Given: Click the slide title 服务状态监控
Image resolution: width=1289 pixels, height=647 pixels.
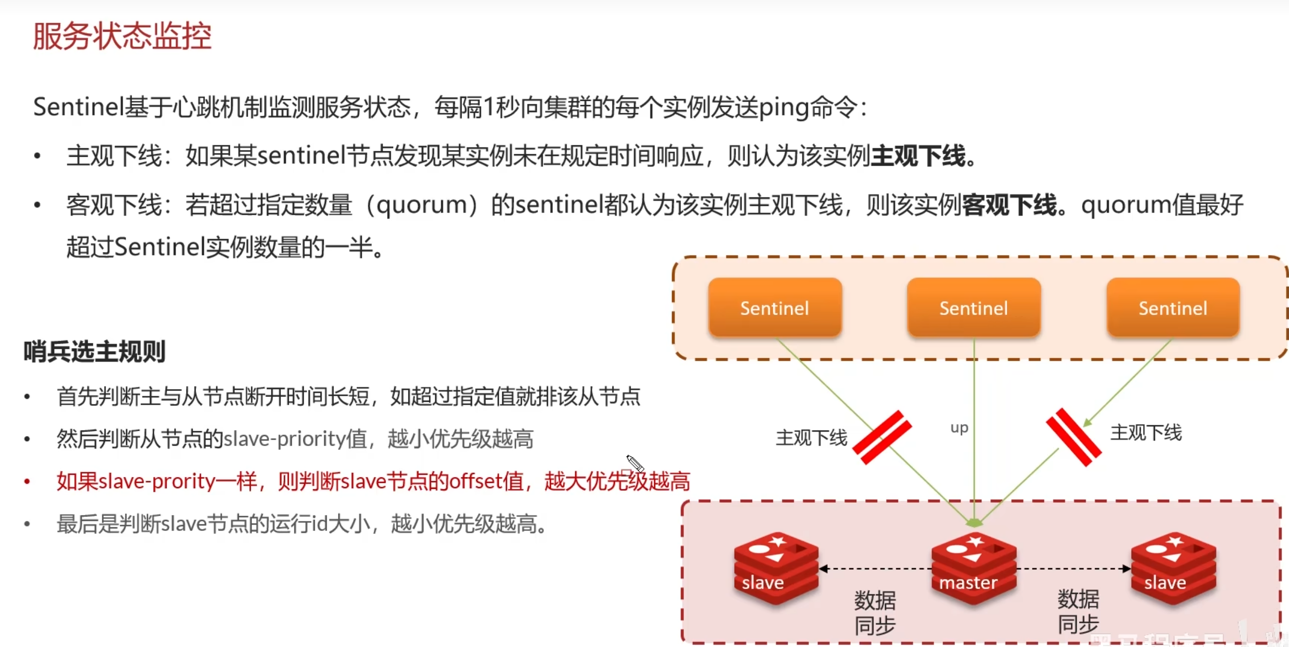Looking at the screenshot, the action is [x=122, y=37].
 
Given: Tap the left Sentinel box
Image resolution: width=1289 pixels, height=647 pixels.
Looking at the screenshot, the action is [x=775, y=308].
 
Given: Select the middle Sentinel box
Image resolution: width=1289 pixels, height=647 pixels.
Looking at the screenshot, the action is [x=973, y=308].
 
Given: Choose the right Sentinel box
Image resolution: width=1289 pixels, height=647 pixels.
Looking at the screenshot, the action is [x=1172, y=308].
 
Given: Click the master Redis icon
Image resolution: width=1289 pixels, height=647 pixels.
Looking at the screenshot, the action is [x=973, y=568].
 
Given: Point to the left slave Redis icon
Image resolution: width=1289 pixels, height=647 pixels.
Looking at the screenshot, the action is [x=776, y=568].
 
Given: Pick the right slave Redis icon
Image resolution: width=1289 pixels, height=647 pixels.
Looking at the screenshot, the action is [x=1173, y=568].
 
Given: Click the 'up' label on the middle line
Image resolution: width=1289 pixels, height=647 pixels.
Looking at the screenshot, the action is [x=959, y=428].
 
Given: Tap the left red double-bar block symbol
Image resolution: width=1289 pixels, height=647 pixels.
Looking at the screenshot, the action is [x=882, y=437].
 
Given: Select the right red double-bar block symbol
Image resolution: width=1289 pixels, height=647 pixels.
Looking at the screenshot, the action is [x=1073, y=437].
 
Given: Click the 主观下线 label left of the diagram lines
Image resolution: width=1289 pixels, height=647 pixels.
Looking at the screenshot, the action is [x=811, y=438].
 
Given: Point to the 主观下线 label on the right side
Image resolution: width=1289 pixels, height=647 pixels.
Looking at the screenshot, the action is [x=1146, y=433].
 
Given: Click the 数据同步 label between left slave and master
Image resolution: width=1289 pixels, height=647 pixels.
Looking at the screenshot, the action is [x=875, y=612].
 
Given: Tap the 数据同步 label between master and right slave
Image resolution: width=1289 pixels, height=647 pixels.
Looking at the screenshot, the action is [x=1078, y=611].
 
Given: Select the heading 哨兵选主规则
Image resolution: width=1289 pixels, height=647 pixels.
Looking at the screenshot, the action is [x=95, y=351].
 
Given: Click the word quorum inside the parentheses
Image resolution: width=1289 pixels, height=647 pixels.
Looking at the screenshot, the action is [x=421, y=205].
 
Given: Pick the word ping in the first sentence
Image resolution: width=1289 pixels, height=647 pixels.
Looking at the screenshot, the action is [x=784, y=108].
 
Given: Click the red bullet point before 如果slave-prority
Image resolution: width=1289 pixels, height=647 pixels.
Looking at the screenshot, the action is [x=27, y=481].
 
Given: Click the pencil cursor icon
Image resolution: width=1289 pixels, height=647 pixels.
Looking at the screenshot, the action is [x=634, y=463].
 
